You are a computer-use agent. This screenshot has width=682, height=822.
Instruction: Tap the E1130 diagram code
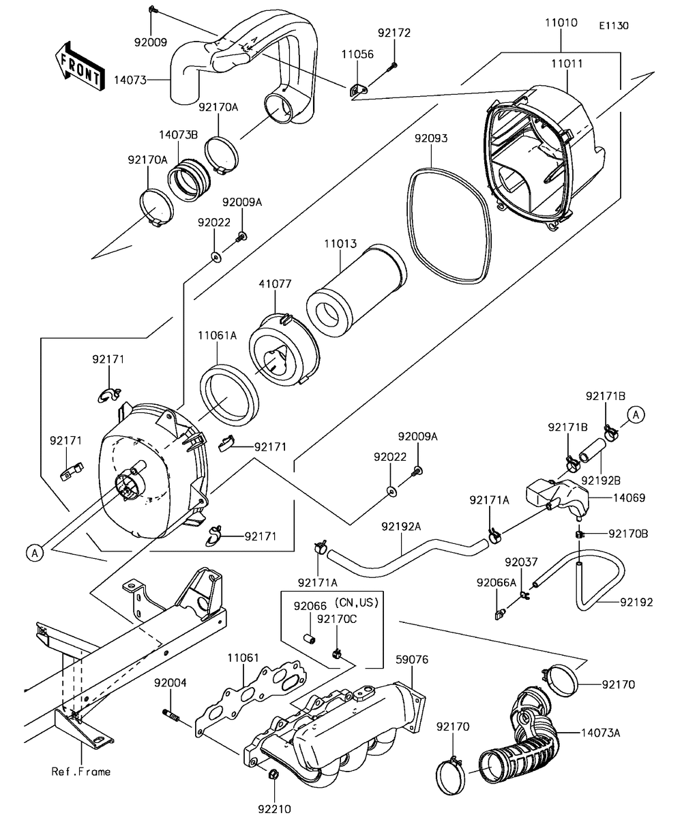pyautogui.click(x=613, y=26)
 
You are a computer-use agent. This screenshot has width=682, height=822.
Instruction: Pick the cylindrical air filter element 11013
pyautogui.click(x=355, y=294)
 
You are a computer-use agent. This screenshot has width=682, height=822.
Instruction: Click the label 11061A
pyautogui.click(x=217, y=335)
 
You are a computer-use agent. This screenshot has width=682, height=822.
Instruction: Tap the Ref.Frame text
pyautogui.click(x=81, y=772)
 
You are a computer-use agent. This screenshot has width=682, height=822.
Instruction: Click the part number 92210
pyautogui.click(x=274, y=809)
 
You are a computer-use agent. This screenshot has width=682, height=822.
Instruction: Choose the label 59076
pyautogui.click(x=412, y=659)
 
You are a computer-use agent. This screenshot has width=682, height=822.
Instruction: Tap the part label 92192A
pyautogui.click(x=401, y=526)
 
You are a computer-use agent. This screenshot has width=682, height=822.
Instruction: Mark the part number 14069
pyautogui.click(x=629, y=498)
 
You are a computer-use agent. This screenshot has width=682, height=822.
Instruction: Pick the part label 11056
pyautogui.click(x=357, y=55)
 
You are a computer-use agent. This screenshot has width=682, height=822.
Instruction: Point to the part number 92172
pyautogui.click(x=396, y=32)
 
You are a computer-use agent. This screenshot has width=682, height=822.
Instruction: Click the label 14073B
pyautogui.click(x=179, y=134)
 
